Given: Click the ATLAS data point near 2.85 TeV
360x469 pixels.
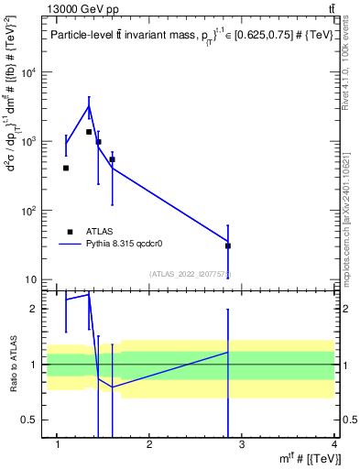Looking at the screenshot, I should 228,245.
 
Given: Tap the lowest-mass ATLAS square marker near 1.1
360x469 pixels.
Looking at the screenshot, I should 66,168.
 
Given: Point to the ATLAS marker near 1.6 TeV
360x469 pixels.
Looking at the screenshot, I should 112,159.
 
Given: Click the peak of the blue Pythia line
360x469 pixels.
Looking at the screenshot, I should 89,106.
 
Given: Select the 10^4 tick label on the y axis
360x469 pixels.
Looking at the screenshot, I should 29,73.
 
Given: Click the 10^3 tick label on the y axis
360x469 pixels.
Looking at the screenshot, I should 29,142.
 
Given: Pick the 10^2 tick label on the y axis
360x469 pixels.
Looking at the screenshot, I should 29,211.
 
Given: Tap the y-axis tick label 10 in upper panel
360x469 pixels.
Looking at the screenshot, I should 32,279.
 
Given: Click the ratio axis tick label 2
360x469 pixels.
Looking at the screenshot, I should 35,309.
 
